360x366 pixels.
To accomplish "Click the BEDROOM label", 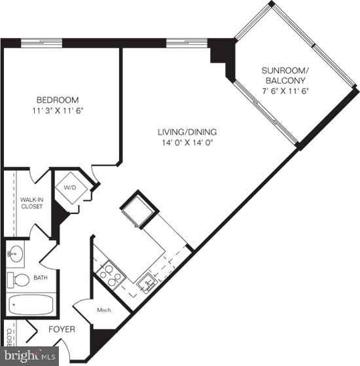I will click(x=57, y=100).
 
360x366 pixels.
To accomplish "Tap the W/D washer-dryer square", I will click(x=69, y=188).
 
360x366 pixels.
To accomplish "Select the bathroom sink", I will click(x=14, y=253).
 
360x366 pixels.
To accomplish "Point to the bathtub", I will click(x=32, y=306).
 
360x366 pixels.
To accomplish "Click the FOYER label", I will click(x=62, y=329).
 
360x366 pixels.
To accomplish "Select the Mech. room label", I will click(x=103, y=310).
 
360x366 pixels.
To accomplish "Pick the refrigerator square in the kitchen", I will click(x=137, y=208).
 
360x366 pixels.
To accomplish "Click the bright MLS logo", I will click(x=29, y=357).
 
